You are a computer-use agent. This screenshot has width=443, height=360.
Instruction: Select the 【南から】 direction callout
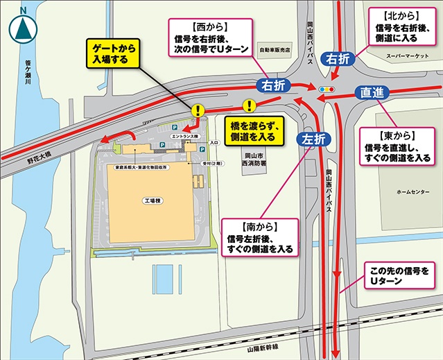[259, 237]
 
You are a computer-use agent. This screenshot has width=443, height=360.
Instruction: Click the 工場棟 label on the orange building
[152, 200]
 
